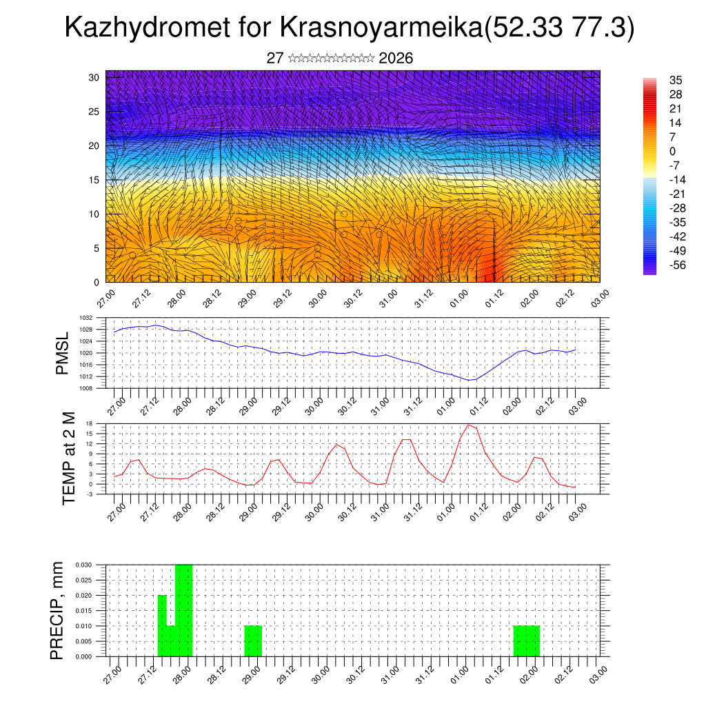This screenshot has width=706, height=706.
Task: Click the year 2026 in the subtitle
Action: tap(396, 59)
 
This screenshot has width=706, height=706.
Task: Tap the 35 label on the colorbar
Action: tap(676, 81)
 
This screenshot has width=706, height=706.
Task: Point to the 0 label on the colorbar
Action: tap(673, 152)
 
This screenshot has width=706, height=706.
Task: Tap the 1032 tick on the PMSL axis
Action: tap(85, 318)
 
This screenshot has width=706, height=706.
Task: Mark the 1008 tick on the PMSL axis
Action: tap(85, 388)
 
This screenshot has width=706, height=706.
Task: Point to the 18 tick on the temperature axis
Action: tap(90, 423)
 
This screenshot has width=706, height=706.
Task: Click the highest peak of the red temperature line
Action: tap(469, 425)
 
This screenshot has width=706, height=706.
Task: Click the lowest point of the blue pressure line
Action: tap(469, 380)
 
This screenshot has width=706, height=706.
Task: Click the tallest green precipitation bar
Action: tap(184, 610)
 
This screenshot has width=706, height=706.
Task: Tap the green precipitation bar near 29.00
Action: tap(253, 641)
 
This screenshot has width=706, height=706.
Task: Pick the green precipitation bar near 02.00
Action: tap(527, 641)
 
